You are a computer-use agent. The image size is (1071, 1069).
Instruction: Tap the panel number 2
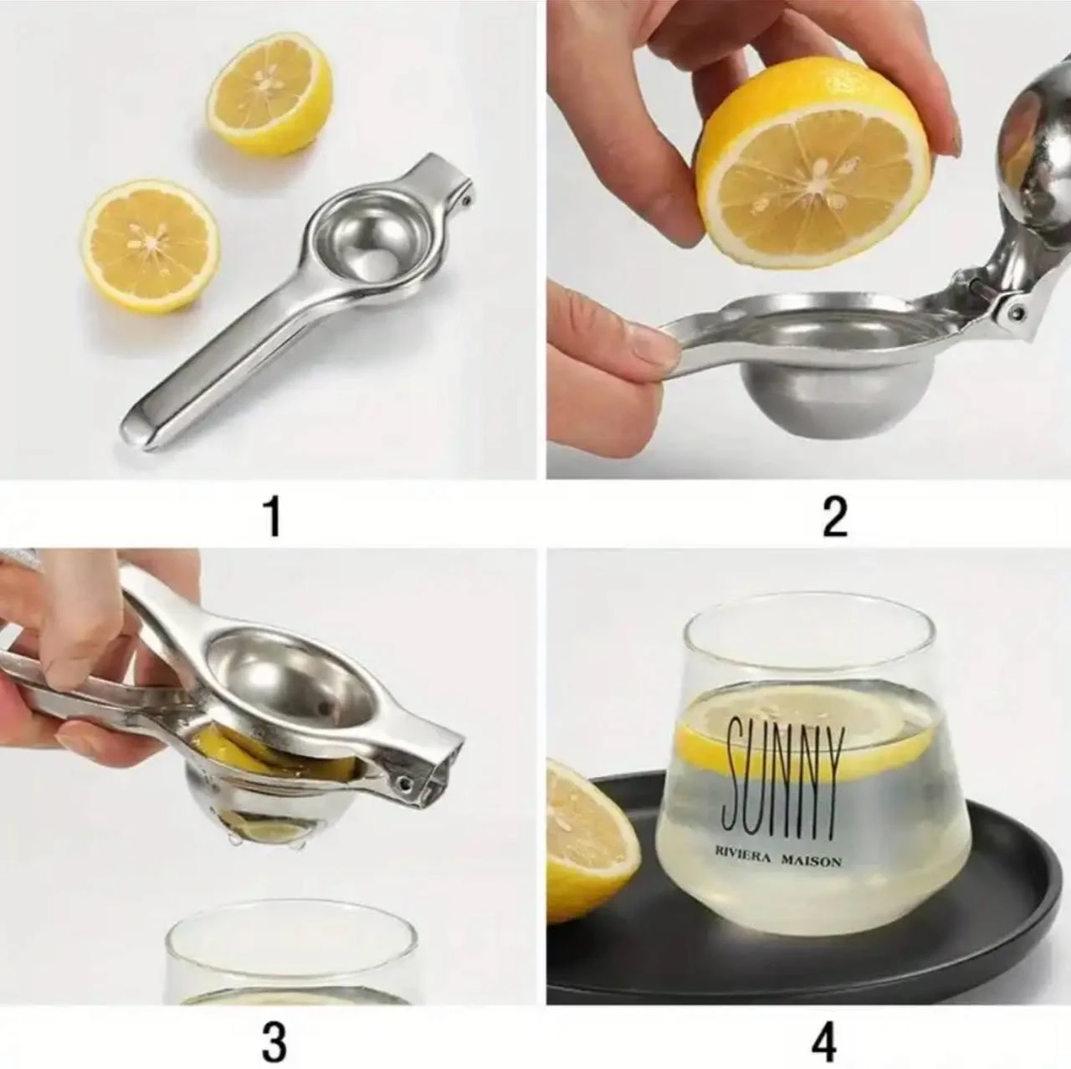point(835,517)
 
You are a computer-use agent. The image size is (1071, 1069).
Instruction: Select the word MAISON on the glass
point(811,861)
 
